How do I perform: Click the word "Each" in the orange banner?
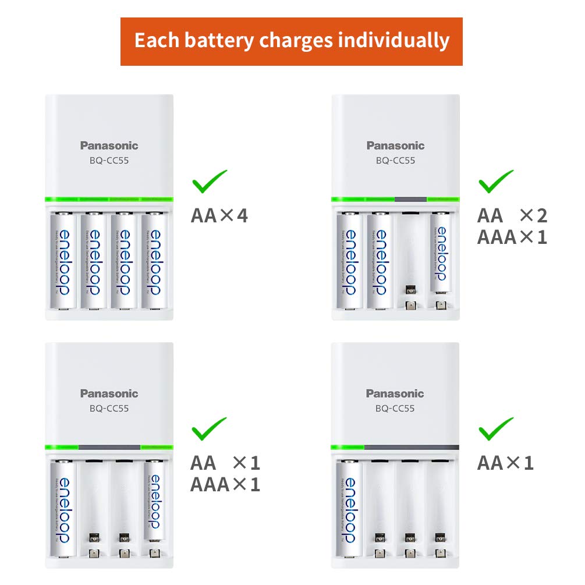coord(153,41)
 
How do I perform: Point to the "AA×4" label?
coord(219,215)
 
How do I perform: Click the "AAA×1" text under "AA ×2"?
coord(512,237)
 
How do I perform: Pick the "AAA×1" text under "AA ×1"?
coord(225,484)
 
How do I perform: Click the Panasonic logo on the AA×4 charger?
coord(109,146)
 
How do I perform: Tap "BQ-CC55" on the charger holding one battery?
coord(395,408)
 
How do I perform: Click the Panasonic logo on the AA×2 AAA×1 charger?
coord(396,146)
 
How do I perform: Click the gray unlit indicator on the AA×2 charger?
coord(410,200)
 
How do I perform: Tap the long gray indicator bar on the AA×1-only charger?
coord(412,447)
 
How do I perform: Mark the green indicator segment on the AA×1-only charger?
coord(348,447)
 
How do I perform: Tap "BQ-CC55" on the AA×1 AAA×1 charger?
coord(109,408)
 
